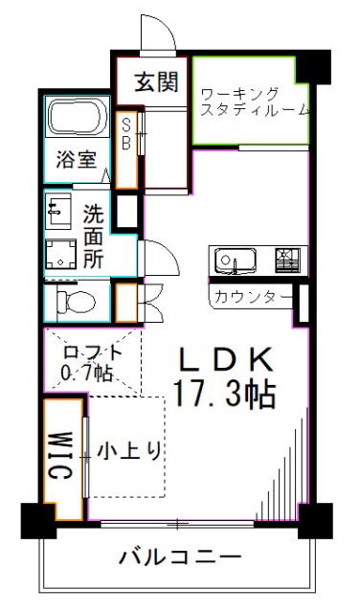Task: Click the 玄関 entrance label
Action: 155,81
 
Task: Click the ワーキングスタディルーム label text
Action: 253,101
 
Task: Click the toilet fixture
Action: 75,303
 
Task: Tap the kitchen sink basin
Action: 232,260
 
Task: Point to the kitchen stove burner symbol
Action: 286,259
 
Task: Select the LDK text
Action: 228,359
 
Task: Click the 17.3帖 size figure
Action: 226,393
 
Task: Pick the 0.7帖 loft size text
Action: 86,374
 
